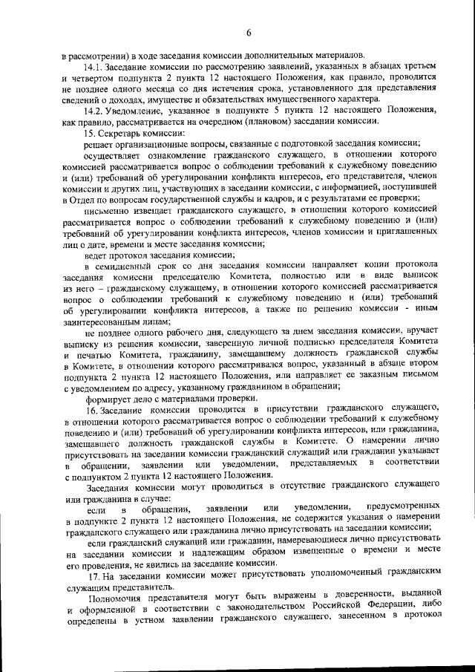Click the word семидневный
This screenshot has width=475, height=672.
[x=128, y=265]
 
